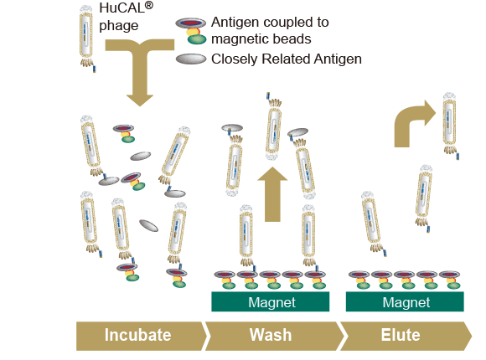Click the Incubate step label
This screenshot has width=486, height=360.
click(x=137, y=335)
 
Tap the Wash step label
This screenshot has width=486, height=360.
click(x=271, y=335)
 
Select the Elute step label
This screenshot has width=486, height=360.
click(x=401, y=335)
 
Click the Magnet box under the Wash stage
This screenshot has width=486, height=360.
click(x=271, y=301)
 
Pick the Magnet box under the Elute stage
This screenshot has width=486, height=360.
click(x=405, y=301)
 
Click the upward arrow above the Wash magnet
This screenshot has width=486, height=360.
click(x=272, y=194)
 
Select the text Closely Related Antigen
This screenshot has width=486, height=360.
click(x=287, y=59)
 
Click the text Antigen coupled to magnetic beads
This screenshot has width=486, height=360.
click(x=270, y=31)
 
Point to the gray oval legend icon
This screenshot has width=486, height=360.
click(x=191, y=59)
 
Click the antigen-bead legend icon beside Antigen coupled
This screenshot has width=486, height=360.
click(x=191, y=31)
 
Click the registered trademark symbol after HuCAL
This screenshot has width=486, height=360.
click(x=149, y=6)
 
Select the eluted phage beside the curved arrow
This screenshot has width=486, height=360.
click(x=450, y=126)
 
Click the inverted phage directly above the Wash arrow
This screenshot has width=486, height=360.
click(x=273, y=126)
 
